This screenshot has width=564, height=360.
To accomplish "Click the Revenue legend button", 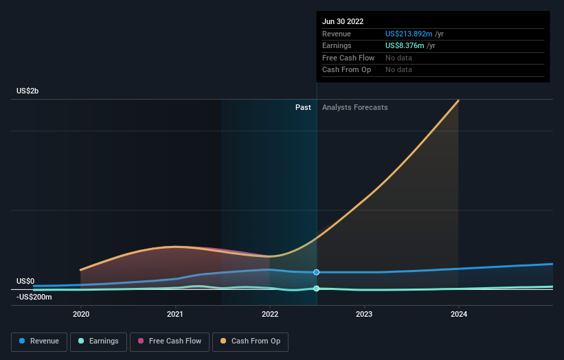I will coord(39,341).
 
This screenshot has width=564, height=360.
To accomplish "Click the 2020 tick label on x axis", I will coord(81,315).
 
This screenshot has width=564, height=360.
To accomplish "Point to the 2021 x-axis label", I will coord(175,315).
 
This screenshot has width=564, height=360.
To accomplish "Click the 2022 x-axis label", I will coord(270,315).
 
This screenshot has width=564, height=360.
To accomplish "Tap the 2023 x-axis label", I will coord(364,315).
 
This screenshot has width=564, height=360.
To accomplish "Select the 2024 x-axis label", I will coord(459,315).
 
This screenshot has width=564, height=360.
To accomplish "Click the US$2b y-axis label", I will coord(28,91).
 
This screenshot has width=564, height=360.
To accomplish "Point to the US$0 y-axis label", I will coord(25,281).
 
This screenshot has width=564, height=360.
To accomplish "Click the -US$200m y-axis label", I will coord(34,297).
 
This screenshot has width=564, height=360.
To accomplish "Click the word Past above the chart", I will coord(303,108).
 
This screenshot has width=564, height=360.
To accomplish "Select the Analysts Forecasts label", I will coord(354,108).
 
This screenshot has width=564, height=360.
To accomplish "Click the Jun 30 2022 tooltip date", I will coord(344,21).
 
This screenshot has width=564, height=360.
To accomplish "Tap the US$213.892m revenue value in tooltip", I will coord(409,34).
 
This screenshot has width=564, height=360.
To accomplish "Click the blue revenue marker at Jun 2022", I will coord(317,272).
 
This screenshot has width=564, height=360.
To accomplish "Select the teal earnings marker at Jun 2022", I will coord(317,289).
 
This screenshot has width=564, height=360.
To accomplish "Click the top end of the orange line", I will coord(458,101).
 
